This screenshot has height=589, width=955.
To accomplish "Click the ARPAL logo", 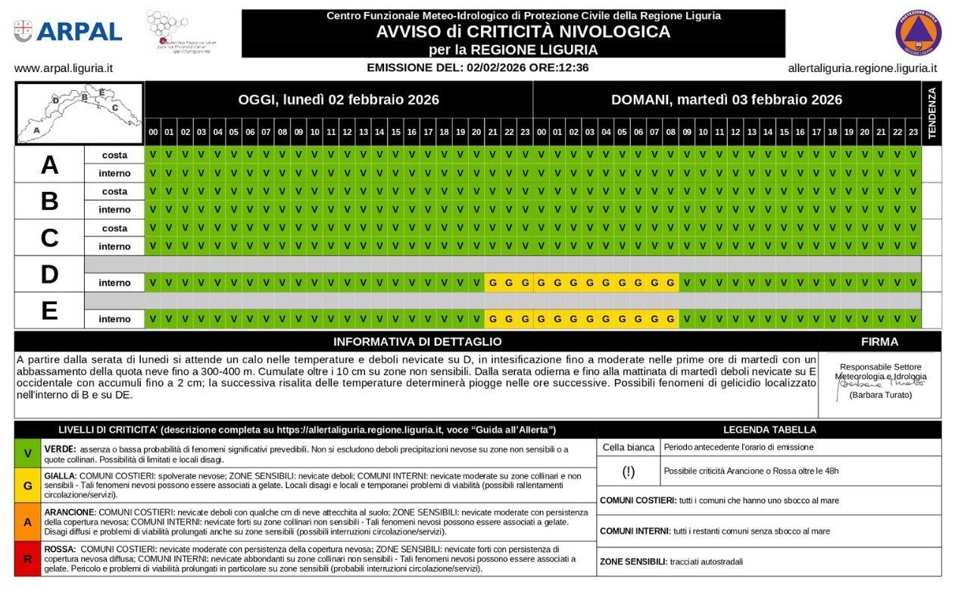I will pos(68,31).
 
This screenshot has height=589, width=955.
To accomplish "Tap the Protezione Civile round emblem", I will pos(918,32).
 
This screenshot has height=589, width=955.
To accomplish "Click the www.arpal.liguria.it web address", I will pos(64,67).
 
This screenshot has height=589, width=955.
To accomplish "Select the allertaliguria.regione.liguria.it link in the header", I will pos(862,67).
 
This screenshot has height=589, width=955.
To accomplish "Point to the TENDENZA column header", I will pos(932,112).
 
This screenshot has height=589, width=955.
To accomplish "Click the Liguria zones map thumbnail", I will pos(80,113).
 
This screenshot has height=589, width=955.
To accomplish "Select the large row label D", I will pos(49,274).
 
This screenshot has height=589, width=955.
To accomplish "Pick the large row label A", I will pos(49,164).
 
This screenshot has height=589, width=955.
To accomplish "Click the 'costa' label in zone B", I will pos(114,192).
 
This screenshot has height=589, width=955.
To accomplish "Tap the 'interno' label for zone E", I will pos(114,319).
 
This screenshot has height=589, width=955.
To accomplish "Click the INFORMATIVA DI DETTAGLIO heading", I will pos(417,342).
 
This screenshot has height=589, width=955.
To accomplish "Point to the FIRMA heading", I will pos(879,342).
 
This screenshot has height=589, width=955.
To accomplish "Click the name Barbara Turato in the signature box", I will pos(879,395).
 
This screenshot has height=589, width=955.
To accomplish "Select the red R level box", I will pos(28,559).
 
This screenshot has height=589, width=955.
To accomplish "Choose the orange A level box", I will pos(28,522).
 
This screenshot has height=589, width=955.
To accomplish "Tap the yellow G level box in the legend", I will pos(28,485).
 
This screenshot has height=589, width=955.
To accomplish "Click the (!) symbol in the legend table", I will pos(629,472).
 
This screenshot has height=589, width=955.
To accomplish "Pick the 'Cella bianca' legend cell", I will pos(629,447).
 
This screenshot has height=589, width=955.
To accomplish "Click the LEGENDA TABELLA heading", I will pos(769,430).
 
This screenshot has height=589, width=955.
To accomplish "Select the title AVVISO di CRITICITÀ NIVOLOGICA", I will pos(523,32).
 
